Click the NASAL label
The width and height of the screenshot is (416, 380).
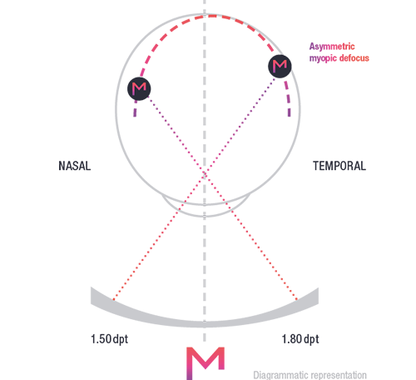click(x=75, y=166)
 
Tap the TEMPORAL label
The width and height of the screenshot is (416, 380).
click(x=339, y=166)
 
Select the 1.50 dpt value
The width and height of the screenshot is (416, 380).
click(x=109, y=339)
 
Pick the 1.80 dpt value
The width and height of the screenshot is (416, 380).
click(x=300, y=339)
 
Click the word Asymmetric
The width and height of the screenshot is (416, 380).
click(x=332, y=47)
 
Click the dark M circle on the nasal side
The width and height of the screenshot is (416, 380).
click(x=139, y=88)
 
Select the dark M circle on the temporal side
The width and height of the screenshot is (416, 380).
click(x=280, y=67)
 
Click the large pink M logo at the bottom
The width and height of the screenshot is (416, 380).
click(x=206, y=363)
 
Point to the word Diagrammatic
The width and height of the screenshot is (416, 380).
click(x=280, y=375)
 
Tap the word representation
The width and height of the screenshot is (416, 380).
click(x=337, y=375)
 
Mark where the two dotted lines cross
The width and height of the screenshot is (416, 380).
click(x=205, y=172)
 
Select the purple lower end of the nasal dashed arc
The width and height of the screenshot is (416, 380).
click(x=135, y=115)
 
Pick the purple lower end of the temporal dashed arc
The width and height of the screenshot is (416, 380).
click(x=290, y=115)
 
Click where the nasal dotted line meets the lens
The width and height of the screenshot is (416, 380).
click(x=113, y=299)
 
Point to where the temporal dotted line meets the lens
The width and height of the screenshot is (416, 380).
click(x=297, y=299)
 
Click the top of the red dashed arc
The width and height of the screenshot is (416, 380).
click(x=212, y=17)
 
